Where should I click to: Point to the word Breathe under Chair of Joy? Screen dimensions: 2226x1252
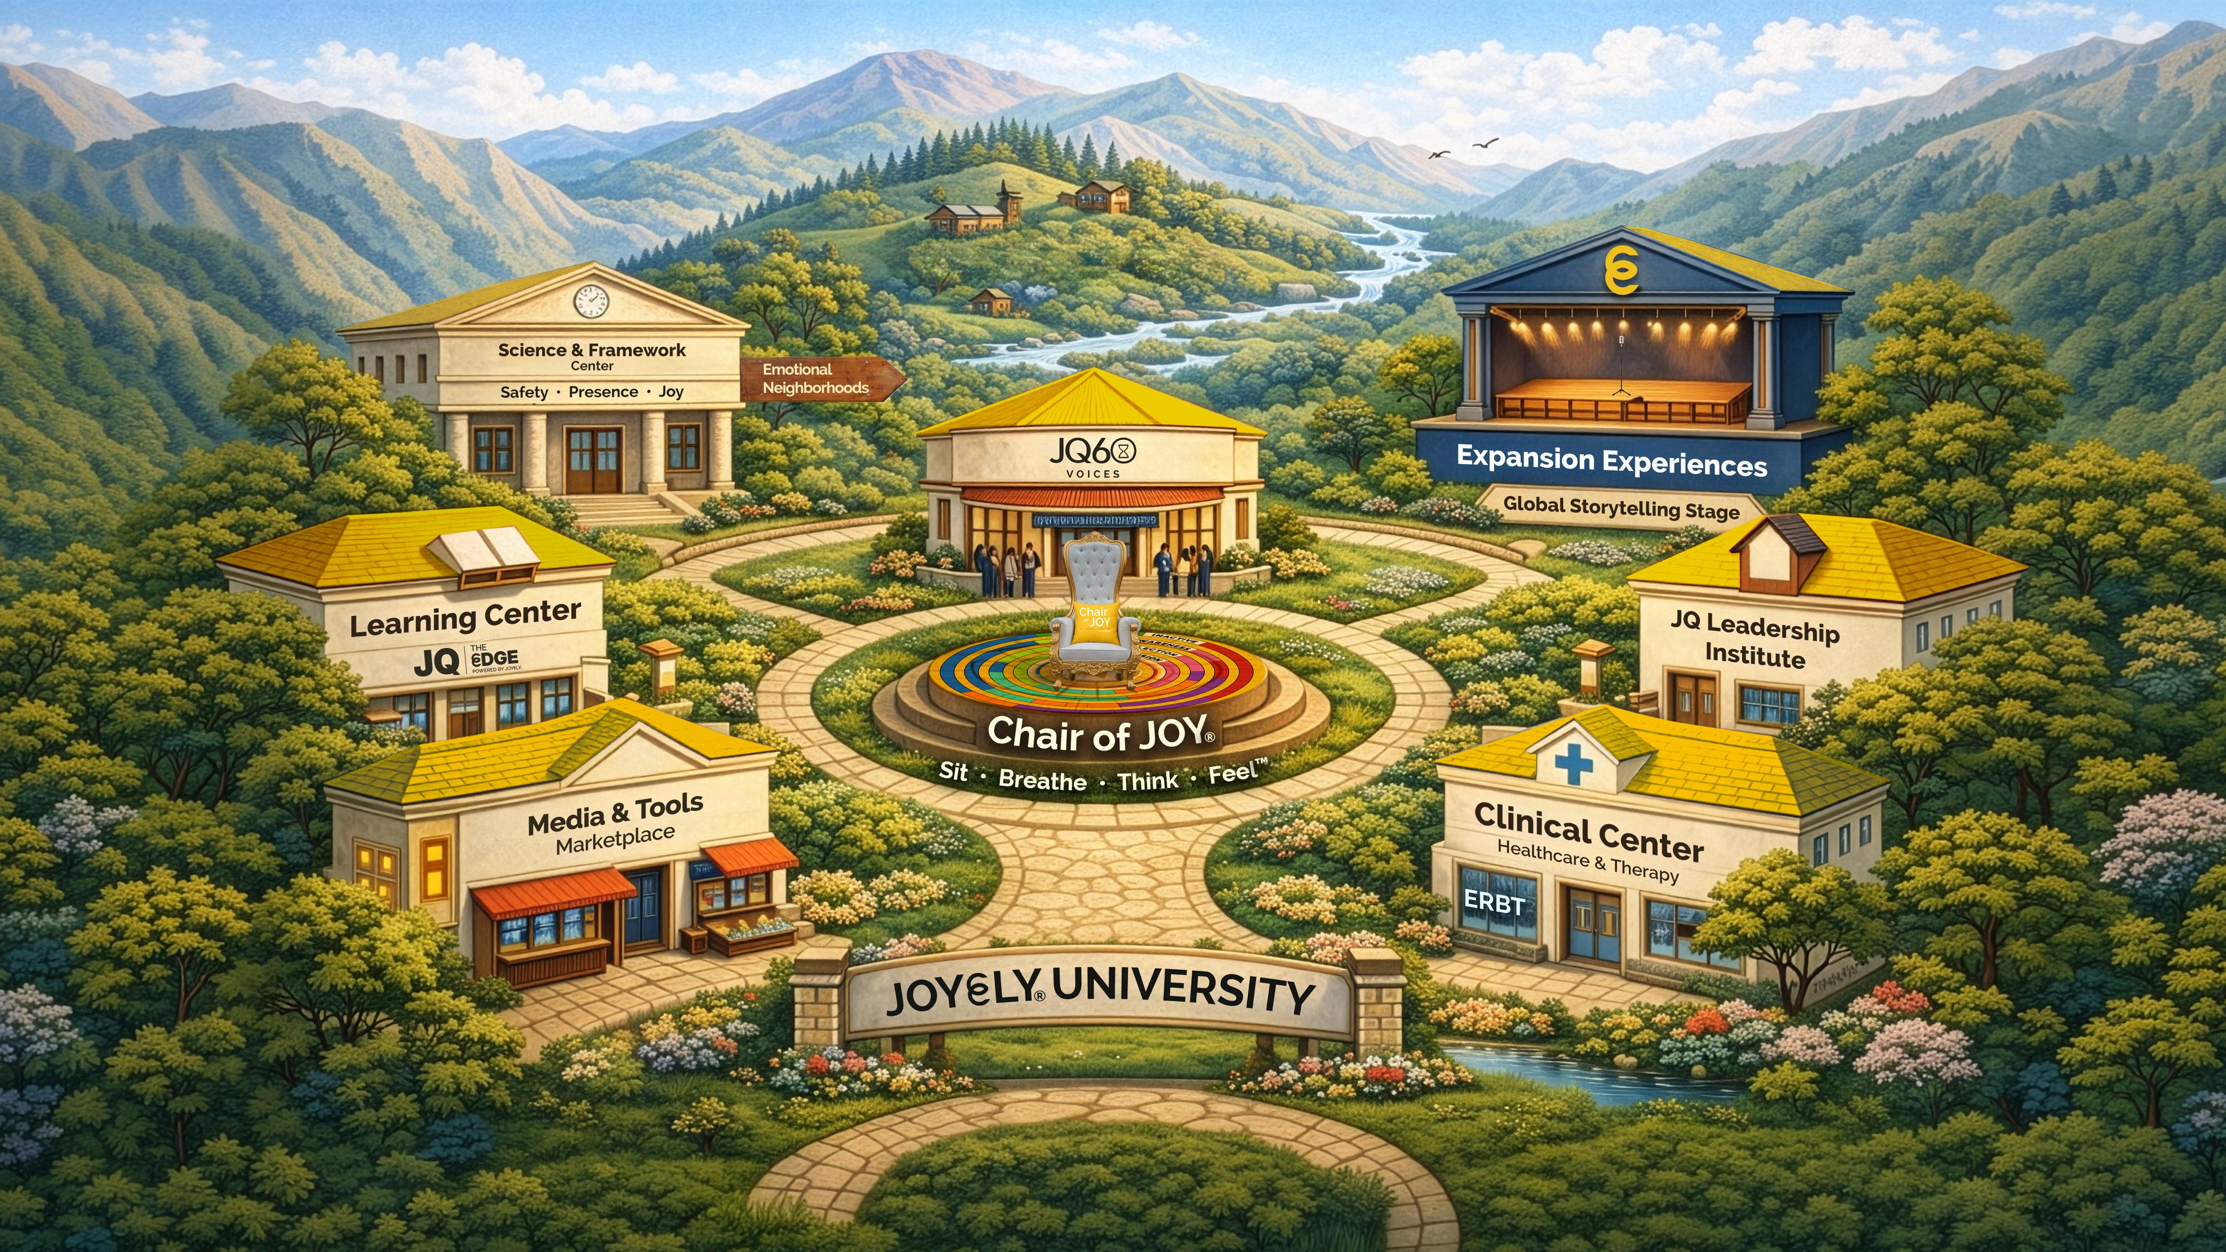pyautogui.click(x=1042, y=780)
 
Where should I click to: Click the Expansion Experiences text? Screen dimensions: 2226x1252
pyautogui.click(x=1612, y=461)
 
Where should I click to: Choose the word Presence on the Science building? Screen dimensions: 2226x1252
pyautogui.click(x=603, y=392)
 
